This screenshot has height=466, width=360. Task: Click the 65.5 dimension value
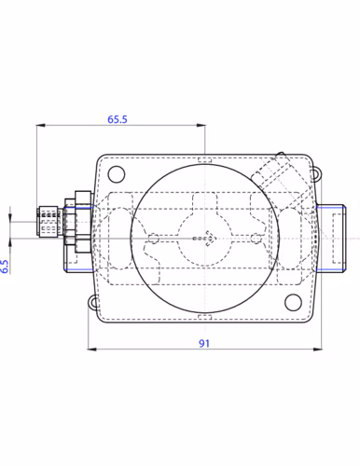pyautogui.click(x=118, y=119)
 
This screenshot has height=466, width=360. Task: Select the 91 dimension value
pyautogui.click(x=204, y=344)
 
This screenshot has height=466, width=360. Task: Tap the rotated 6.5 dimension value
pyautogui.click(x=5, y=267)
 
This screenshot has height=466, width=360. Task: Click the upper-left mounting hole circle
pyautogui.click(x=117, y=174)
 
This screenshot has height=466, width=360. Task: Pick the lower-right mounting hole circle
pyautogui.click(x=293, y=302)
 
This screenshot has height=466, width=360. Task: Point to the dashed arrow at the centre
pyautogui.click(x=204, y=239)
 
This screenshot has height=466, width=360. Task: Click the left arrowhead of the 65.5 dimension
pyautogui.click(x=41, y=125)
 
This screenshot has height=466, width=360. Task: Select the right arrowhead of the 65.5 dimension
pyautogui.click(x=201, y=125)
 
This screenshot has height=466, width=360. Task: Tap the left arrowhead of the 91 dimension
pyautogui.click(x=92, y=349)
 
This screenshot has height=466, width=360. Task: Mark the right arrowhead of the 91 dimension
pyautogui.click(x=317, y=349)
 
